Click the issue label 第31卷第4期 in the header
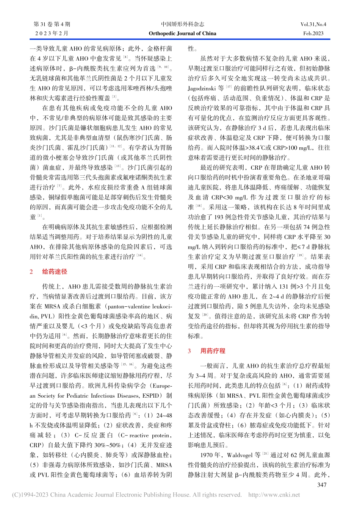coord(52,24)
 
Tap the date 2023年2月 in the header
coord(52,33)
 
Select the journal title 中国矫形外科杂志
coord(182,24)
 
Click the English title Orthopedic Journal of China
coord(182,33)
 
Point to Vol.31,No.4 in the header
coord(313,24)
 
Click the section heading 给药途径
coord(55,272)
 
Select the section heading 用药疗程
coord(213,351)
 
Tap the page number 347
coord(322,485)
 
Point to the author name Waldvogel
coord(240,455)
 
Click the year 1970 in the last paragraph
coord(207,455)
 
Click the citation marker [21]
coord(266,454)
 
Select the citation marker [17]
coord(229,87)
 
